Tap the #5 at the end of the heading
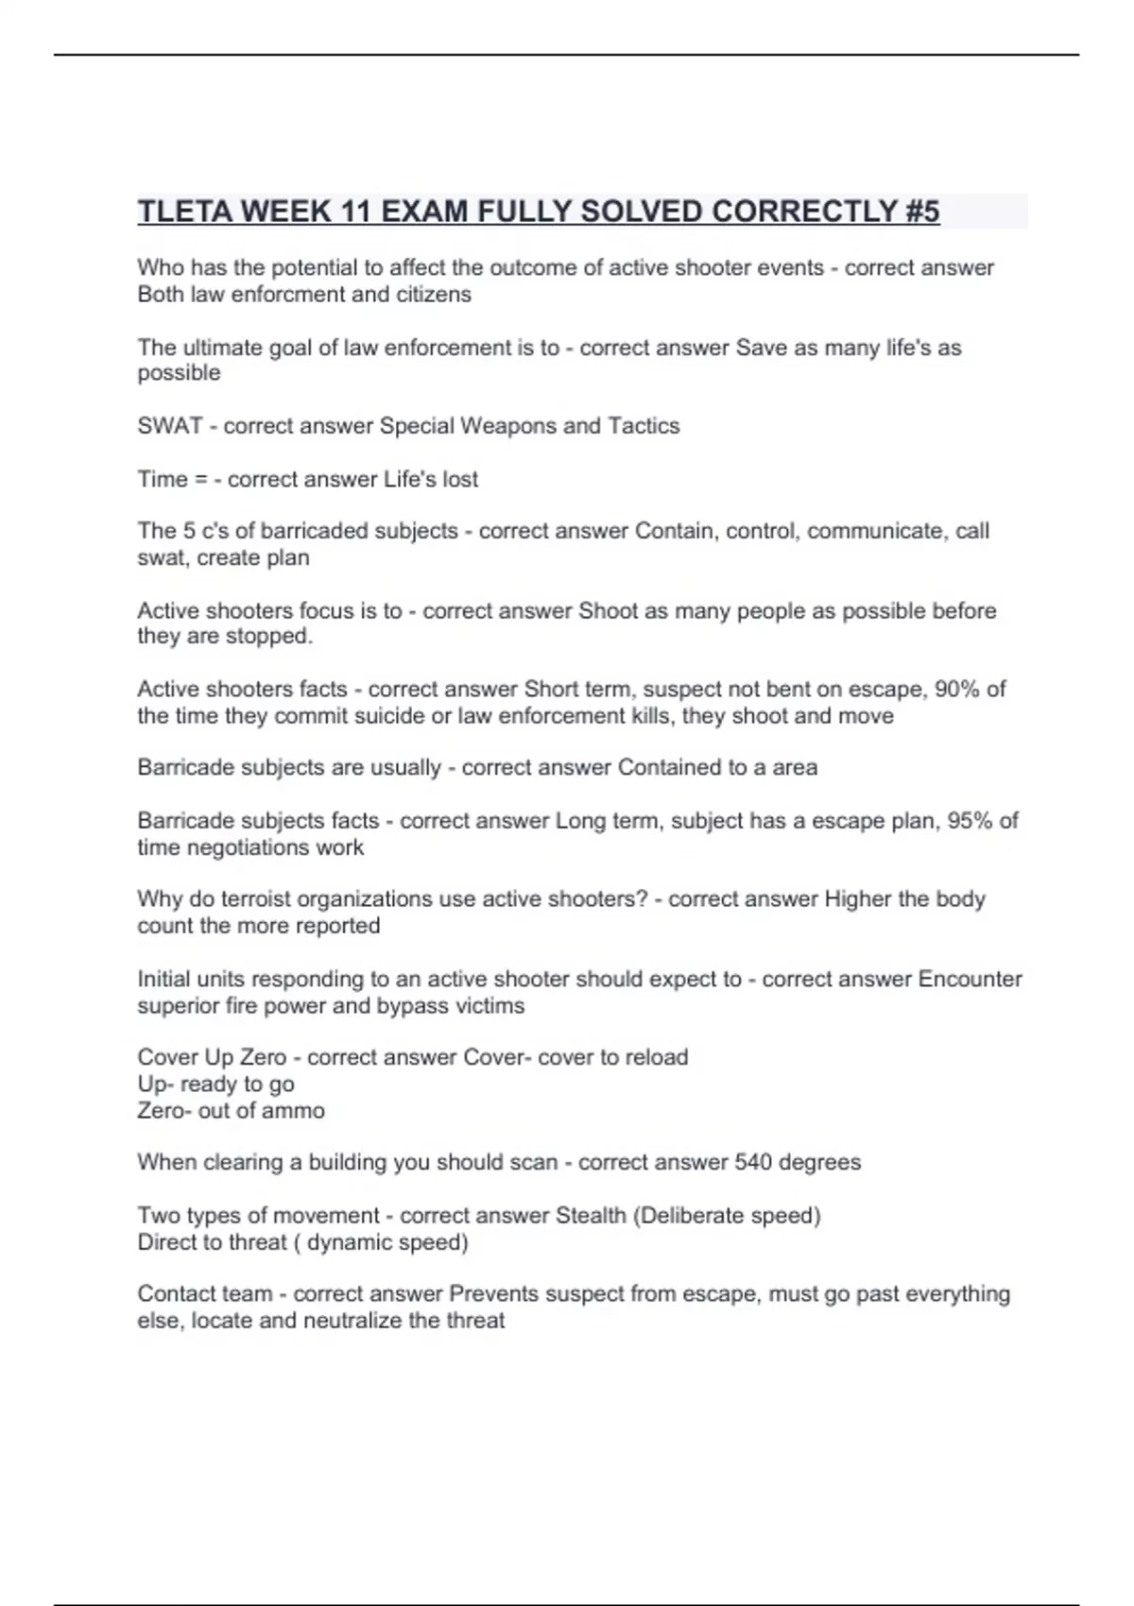[x=919, y=212]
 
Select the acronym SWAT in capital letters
[x=170, y=426]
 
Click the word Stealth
[x=591, y=1215]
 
